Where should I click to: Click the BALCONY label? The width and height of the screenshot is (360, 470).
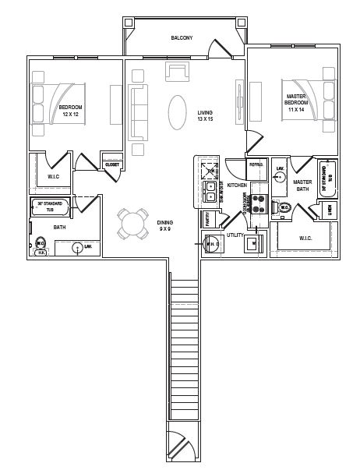[x=182, y=37]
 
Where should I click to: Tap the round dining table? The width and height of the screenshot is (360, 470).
[x=132, y=225]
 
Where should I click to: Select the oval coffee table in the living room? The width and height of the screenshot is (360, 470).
[x=178, y=108]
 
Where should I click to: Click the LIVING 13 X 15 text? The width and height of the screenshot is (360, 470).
[x=204, y=116]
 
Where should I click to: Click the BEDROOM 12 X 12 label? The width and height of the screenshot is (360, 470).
[x=72, y=111]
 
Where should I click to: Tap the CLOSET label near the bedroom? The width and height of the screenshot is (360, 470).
[x=111, y=164]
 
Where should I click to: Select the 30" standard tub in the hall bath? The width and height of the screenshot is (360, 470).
[x=49, y=207]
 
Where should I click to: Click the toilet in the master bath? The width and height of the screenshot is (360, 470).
[x=284, y=208]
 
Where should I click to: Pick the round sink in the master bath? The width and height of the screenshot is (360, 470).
[x=281, y=178]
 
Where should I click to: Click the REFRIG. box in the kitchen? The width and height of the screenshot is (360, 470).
[x=256, y=164]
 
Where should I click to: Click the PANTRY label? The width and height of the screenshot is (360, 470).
[x=208, y=221]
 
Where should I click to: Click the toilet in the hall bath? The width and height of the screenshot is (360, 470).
[x=40, y=246]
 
